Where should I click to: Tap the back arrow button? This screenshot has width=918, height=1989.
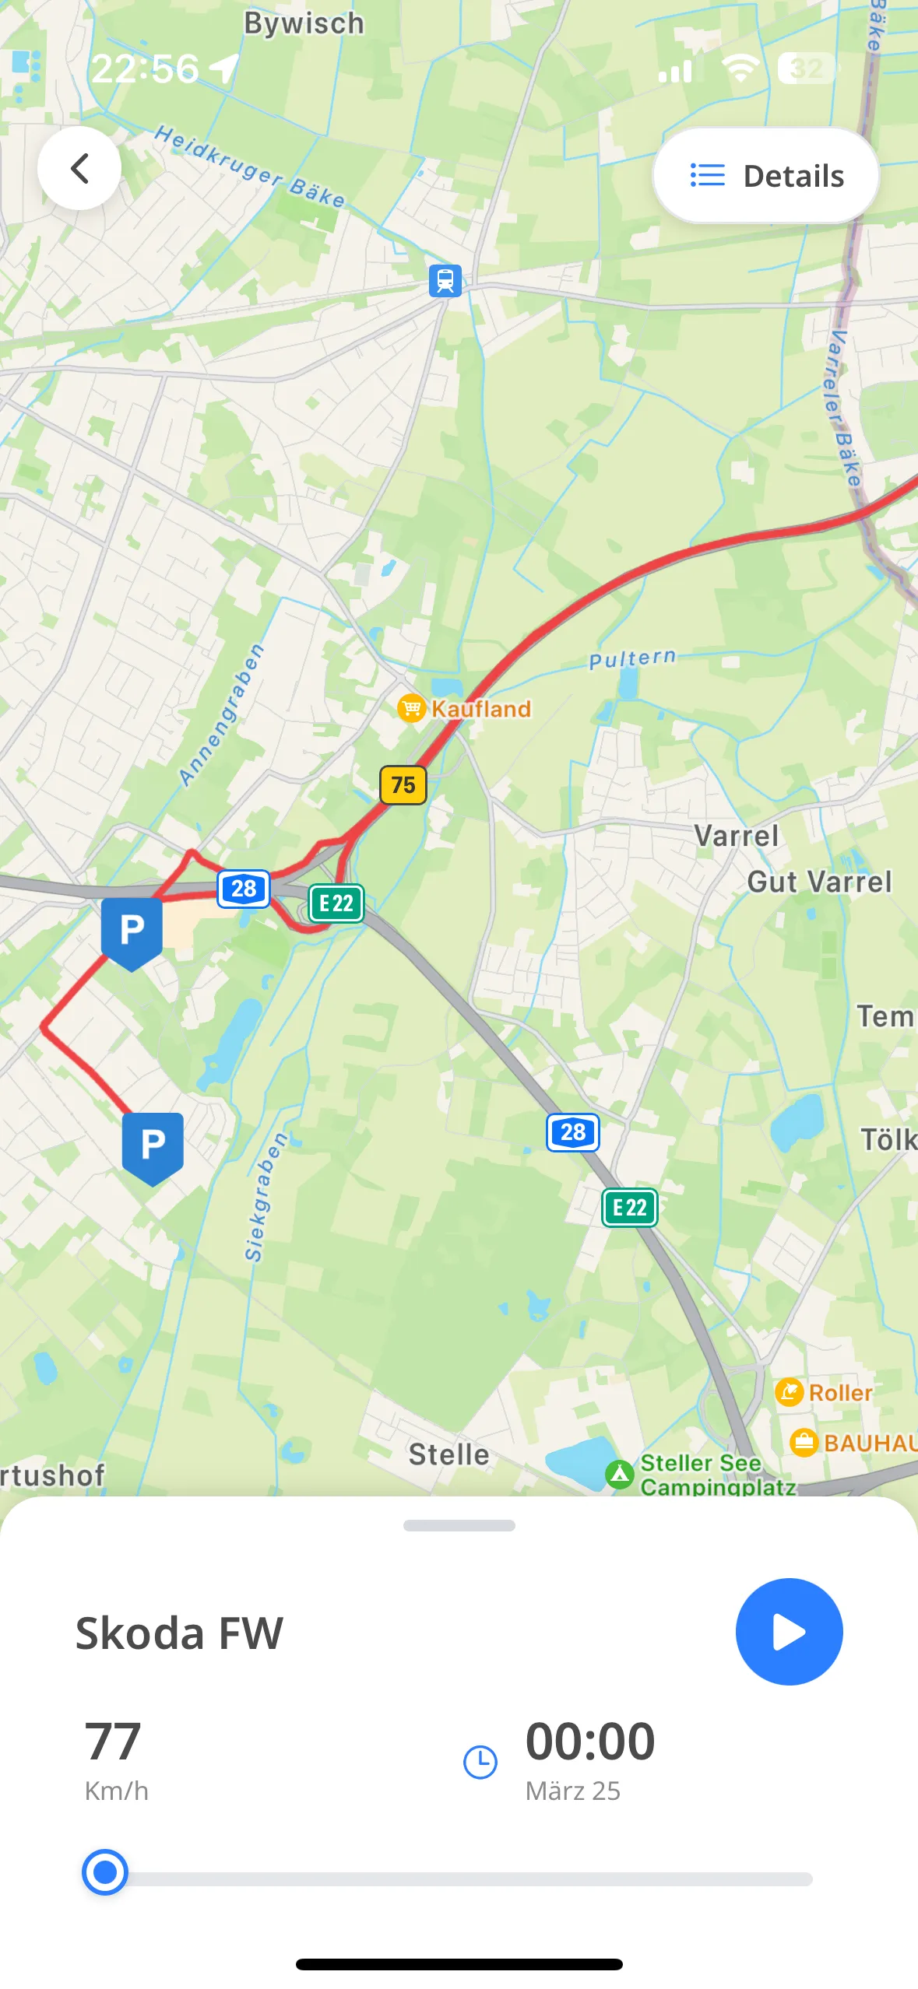[79, 168]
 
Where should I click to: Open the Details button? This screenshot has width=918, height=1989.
[766, 176]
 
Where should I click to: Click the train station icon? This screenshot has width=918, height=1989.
[445, 280]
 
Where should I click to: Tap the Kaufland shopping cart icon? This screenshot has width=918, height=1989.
[411, 708]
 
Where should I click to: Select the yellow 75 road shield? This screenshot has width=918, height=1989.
[403, 784]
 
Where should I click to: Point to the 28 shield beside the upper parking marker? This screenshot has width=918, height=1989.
[244, 889]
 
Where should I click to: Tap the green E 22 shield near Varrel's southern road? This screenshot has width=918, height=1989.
[629, 1208]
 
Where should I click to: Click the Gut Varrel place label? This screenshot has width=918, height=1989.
[819, 882]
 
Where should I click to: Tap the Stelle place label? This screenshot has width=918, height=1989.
[448, 1454]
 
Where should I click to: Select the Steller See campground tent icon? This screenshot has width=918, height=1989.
[620, 1474]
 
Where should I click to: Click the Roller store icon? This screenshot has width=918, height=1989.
[789, 1392]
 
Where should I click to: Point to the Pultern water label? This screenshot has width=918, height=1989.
[632, 659]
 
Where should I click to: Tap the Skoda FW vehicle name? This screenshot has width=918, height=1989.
[179, 1633]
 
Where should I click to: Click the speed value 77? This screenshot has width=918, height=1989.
[113, 1742]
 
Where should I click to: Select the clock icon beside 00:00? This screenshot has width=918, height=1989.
[480, 1762]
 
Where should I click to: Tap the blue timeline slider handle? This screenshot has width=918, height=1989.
[105, 1872]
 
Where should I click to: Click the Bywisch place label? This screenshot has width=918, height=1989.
[304, 23]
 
